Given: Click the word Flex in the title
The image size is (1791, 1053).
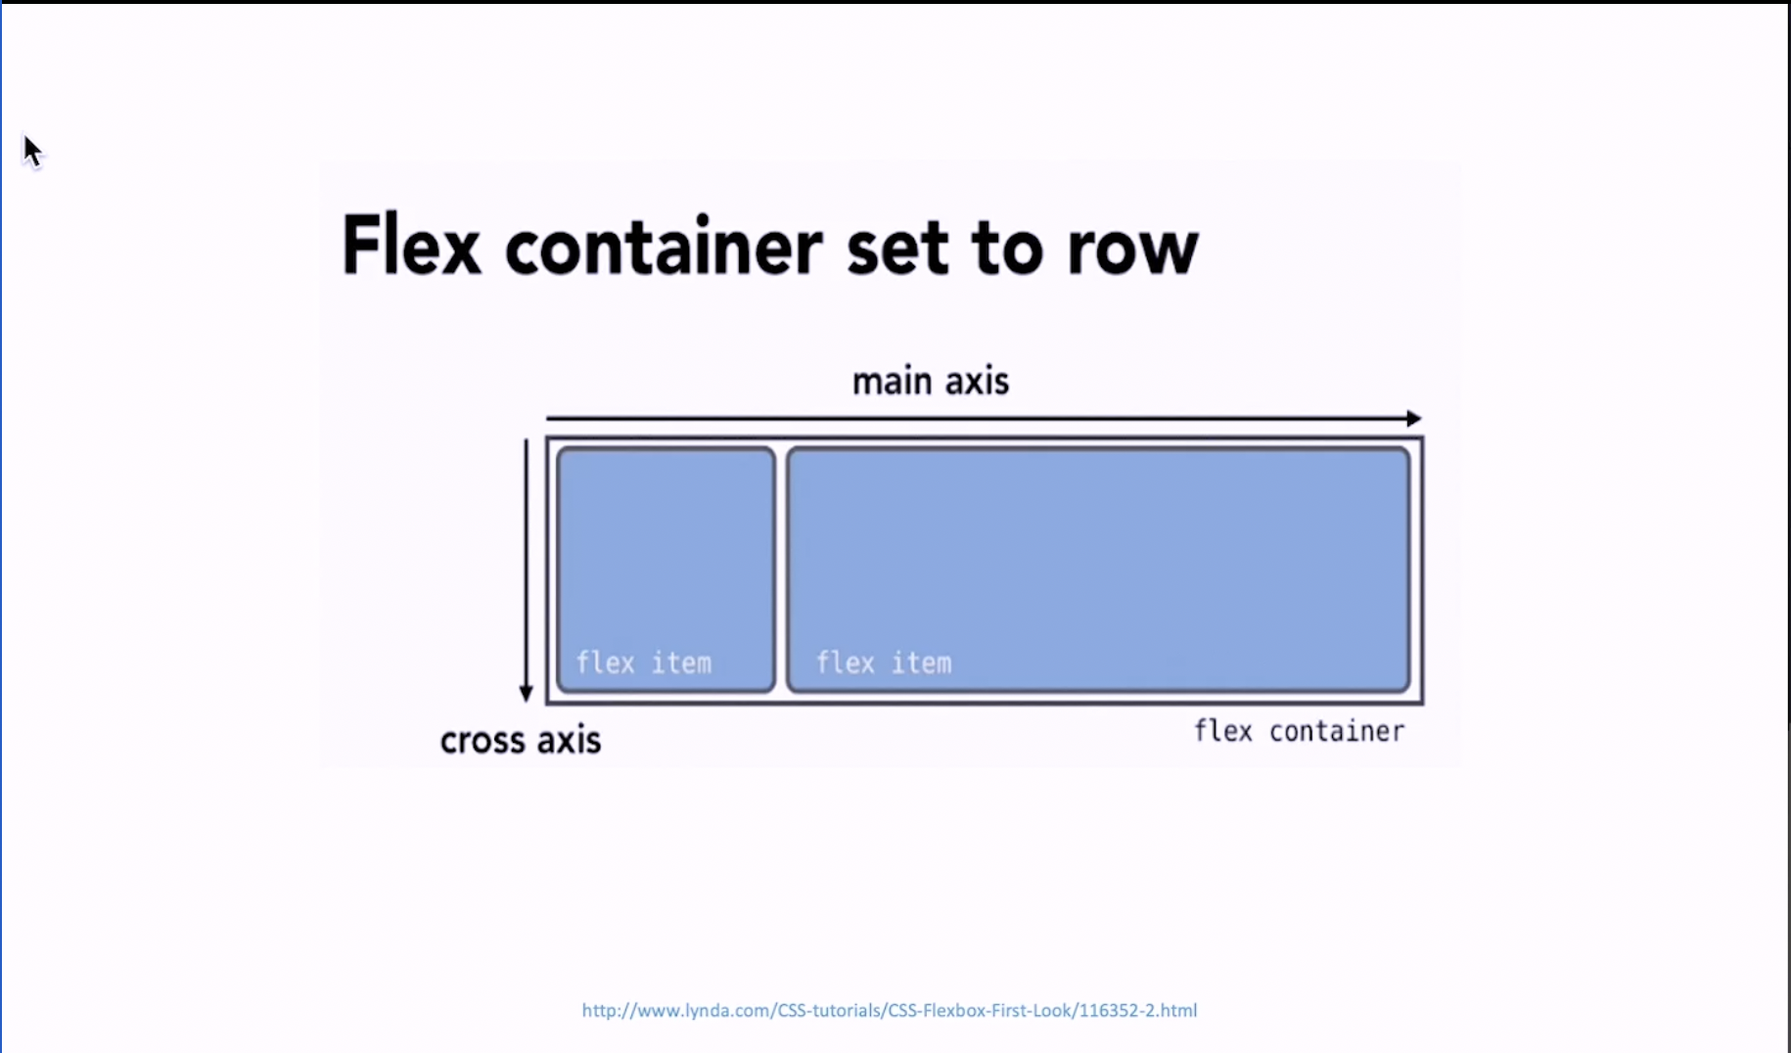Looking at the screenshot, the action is point(411,245).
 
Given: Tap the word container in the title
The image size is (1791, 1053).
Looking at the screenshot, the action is point(664,246).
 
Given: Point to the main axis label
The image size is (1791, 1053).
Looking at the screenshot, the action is point(930,381).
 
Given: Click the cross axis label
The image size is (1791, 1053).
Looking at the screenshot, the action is point(521,740).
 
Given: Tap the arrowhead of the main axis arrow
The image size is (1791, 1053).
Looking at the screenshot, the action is point(1414,419).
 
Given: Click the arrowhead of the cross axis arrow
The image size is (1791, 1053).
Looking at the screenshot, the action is point(526,694).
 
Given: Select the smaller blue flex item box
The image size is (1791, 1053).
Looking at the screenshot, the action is point(666,571).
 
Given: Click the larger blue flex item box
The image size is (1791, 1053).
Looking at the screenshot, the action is point(1098,571).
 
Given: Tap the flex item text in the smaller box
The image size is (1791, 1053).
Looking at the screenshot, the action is point(643,663).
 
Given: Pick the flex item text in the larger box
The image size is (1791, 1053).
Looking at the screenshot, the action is point(883,663).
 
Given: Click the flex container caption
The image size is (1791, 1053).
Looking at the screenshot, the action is point(1299,731).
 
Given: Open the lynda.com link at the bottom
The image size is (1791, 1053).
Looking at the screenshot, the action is point(890,1010).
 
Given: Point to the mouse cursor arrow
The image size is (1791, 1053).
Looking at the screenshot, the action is point(33,152).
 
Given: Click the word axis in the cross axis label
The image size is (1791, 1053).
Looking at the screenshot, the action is point(569,740).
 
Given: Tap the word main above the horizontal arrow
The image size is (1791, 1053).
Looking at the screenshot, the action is point(892,381).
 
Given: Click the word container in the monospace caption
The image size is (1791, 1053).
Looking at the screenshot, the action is point(1337,731).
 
